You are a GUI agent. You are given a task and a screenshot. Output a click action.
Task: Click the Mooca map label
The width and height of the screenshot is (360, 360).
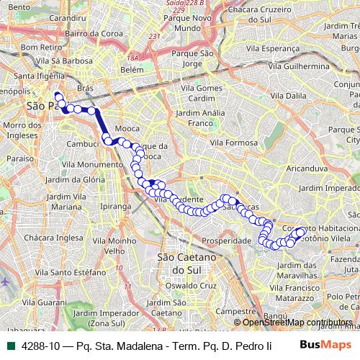(x=127, y=130)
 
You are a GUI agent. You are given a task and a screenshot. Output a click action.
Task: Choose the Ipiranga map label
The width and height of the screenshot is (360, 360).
(x=96, y=206)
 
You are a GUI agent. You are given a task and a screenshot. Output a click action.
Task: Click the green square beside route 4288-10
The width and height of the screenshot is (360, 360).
(x=9, y=346)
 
